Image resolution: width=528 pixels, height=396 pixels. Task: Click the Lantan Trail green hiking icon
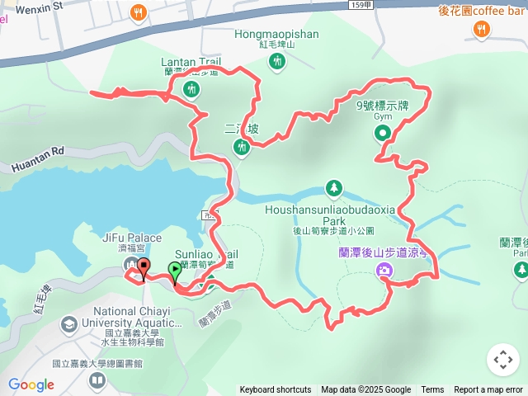tap(191, 88)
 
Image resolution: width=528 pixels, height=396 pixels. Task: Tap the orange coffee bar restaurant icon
tap(480, 31)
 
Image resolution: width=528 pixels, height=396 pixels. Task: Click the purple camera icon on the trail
tap(384, 271)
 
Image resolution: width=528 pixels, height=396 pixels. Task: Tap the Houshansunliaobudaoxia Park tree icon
tap(333, 189)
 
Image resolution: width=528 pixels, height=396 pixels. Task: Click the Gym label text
tap(382, 116)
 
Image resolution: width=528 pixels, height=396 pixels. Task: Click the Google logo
tap(31, 384)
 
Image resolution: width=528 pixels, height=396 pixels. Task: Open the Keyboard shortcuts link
tap(276, 390)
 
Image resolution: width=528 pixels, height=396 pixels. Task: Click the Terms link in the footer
tap(432, 390)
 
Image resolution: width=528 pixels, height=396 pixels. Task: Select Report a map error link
tap(488, 390)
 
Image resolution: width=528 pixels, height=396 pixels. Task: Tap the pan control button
tap(502, 359)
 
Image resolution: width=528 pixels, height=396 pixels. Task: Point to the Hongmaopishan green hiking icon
tap(277, 60)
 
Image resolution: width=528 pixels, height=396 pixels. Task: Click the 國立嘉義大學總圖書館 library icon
tap(97, 379)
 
